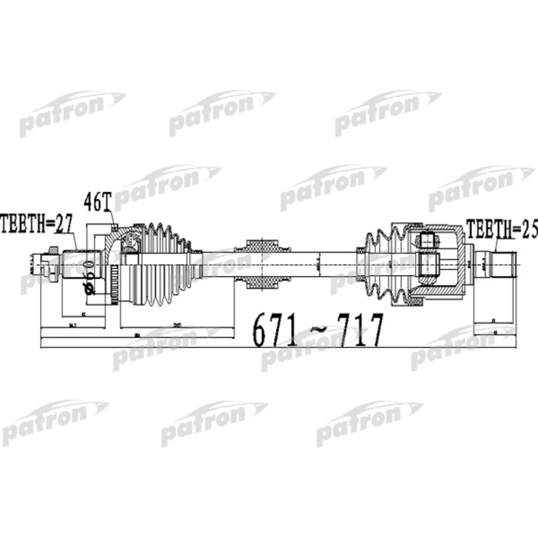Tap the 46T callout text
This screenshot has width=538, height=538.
tap(98, 201)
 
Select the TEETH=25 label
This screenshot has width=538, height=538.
tap(499, 228)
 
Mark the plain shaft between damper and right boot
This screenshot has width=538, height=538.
tap(323, 264)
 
